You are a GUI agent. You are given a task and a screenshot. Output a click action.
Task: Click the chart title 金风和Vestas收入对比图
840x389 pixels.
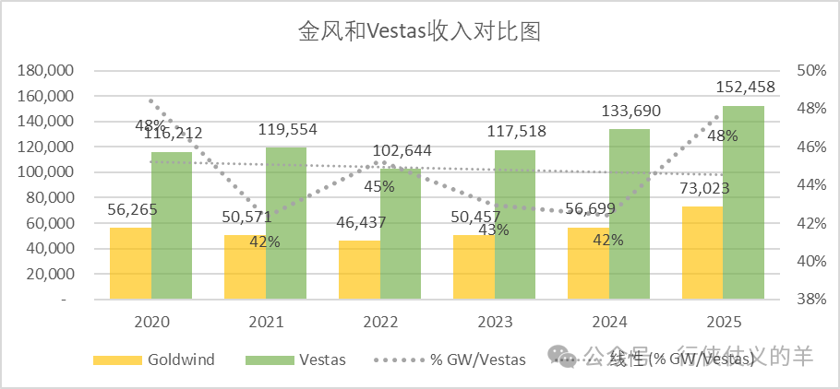(x=418, y=32)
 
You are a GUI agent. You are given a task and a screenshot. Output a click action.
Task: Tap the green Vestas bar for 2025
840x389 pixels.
(x=744, y=203)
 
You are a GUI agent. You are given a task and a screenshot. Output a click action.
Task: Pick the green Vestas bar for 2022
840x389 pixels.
(x=401, y=234)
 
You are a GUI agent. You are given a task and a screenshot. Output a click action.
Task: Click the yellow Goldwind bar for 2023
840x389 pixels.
(x=473, y=267)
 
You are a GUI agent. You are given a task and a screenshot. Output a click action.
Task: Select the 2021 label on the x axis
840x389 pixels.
(x=266, y=323)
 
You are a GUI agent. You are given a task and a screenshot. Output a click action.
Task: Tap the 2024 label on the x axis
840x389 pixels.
(x=608, y=323)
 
